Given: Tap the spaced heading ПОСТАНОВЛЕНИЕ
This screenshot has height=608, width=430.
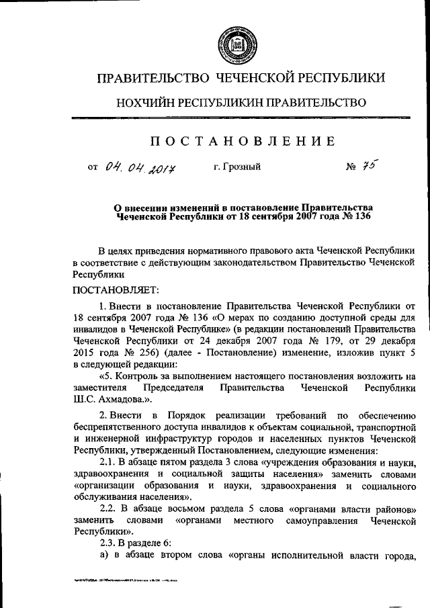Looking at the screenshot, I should pyautogui.click(x=241, y=140).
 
